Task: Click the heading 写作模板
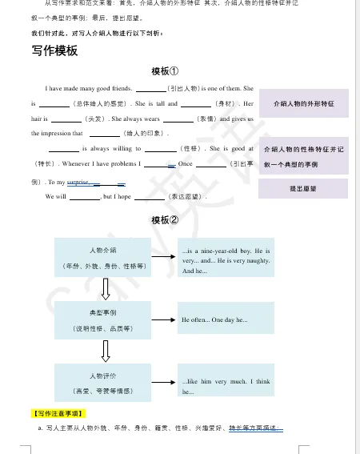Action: (55, 50)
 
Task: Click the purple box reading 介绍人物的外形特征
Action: (303, 104)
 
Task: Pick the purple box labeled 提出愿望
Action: (302, 188)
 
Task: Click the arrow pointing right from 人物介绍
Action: (166, 257)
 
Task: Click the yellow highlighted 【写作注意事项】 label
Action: (57, 413)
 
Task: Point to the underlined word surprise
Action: (78, 183)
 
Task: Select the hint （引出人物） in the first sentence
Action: (185, 88)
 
